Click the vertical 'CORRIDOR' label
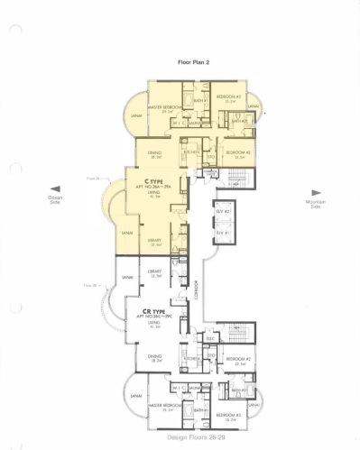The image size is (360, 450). (x=198, y=290)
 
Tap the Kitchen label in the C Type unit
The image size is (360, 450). (x=191, y=152)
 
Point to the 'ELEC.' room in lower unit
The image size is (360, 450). (x=210, y=339)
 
